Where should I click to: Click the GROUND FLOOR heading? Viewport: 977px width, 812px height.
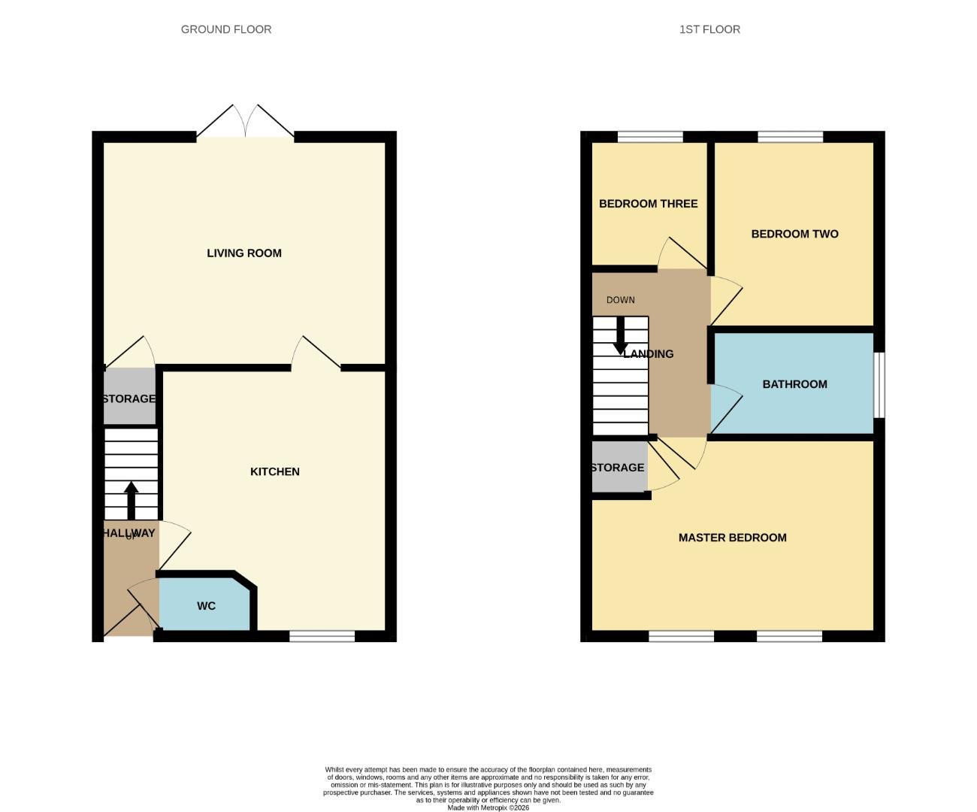[x=226, y=29]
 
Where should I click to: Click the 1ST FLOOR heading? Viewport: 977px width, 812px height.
[x=709, y=29]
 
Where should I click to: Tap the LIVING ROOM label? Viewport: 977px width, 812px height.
[x=244, y=253]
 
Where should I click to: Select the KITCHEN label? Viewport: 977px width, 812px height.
[x=274, y=471]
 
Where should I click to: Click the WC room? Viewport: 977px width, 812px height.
[x=206, y=605]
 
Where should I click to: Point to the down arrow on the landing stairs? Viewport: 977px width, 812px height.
[x=621, y=335]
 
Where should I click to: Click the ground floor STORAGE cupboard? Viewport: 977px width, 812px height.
[x=129, y=398]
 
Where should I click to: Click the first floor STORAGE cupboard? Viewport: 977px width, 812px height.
[x=618, y=467]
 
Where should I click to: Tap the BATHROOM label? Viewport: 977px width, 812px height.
[x=794, y=384]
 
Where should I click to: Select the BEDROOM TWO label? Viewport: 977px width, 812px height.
[x=794, y=234]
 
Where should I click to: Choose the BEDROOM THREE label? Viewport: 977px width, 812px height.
[x=648, y=204]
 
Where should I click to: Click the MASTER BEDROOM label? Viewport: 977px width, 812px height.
[x=732, y=538]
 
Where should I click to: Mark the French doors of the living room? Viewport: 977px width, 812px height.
[x=245, y=124]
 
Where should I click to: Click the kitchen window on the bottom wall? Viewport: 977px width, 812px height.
[x=322, y=637]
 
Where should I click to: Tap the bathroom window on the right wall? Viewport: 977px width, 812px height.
[x=879, y=384]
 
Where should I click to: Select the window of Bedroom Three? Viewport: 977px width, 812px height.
[x=650, y=137]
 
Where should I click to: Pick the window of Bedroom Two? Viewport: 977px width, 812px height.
[x=791, y=137]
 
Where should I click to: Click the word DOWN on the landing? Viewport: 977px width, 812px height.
[x=621, y=300]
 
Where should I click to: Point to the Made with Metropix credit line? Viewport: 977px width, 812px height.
[x=488, y=807]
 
